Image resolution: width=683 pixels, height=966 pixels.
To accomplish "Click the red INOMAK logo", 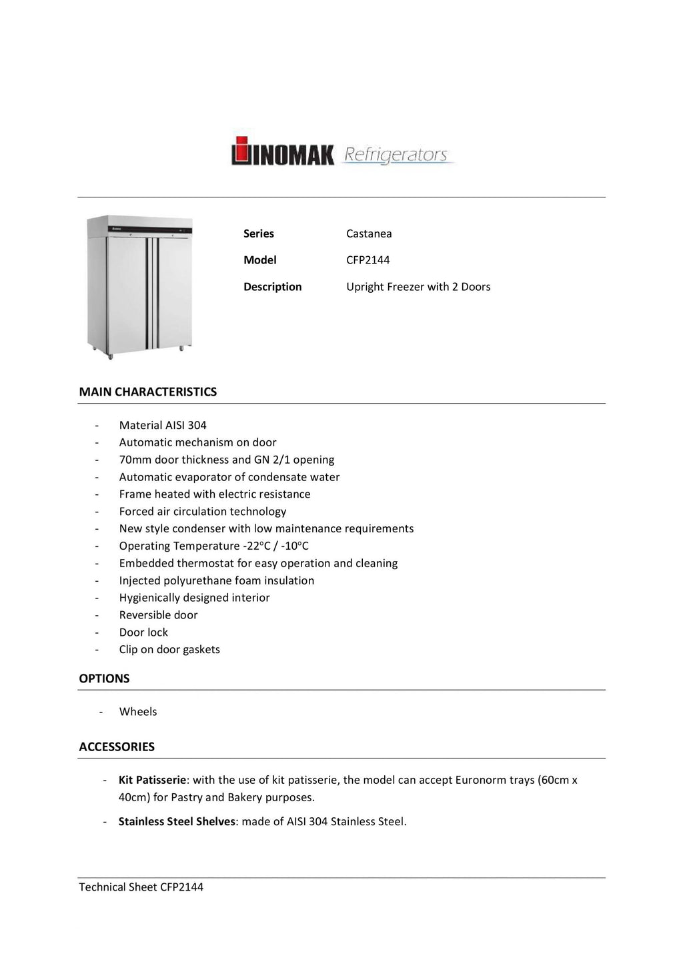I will click(282, 151).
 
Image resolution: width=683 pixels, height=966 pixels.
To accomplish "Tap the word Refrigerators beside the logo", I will click(396, 155).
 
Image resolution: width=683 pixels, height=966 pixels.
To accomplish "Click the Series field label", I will click(259, 233).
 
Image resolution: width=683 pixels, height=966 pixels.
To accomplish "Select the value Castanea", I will click(369, 233).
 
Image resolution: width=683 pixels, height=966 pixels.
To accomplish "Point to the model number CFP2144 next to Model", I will click(368, 260).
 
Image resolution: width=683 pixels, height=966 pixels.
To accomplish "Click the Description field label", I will click(272, 287).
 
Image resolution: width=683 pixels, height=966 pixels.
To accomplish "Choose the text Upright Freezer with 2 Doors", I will click(418, 287).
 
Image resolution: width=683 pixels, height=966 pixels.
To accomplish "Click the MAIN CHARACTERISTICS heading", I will click(148, 392).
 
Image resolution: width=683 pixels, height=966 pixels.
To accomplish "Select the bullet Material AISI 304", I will click(163, 425).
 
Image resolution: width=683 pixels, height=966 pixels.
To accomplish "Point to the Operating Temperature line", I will click(213, 546).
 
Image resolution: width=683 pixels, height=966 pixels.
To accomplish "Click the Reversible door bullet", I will click(158, 615).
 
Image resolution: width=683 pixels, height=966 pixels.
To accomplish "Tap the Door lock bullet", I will click(143, 632).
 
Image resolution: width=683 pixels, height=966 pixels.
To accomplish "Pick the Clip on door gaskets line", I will click(169, 650).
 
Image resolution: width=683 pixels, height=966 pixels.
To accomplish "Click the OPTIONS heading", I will click(104, 678).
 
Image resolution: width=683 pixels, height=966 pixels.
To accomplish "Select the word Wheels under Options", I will click(138, 712).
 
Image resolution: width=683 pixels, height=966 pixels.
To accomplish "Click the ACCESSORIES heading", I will click(117, 747).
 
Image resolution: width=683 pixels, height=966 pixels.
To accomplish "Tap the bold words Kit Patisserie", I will click(152, 780).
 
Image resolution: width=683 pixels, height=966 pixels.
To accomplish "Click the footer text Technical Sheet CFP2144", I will click(141, 887).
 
